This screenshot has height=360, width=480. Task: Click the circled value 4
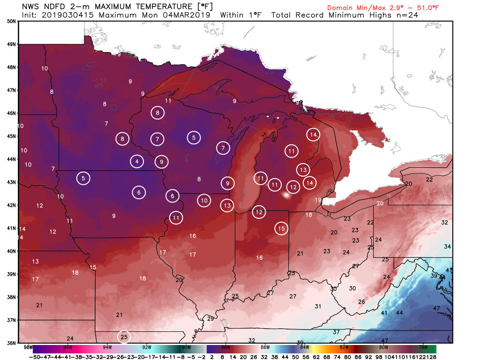[137, 162]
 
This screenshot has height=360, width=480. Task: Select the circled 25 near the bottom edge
[124, 337]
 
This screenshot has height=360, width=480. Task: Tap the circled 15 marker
[281, 228]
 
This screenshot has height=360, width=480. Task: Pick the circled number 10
[204, 201]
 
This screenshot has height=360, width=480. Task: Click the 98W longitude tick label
[28, 347]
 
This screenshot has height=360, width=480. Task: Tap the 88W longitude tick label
[225, 347]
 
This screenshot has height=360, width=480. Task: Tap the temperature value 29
[210, 319]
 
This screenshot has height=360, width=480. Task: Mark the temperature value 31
[318, 307]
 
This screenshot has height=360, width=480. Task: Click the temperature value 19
[318, 200]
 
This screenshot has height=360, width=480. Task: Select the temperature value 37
[336, 332]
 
